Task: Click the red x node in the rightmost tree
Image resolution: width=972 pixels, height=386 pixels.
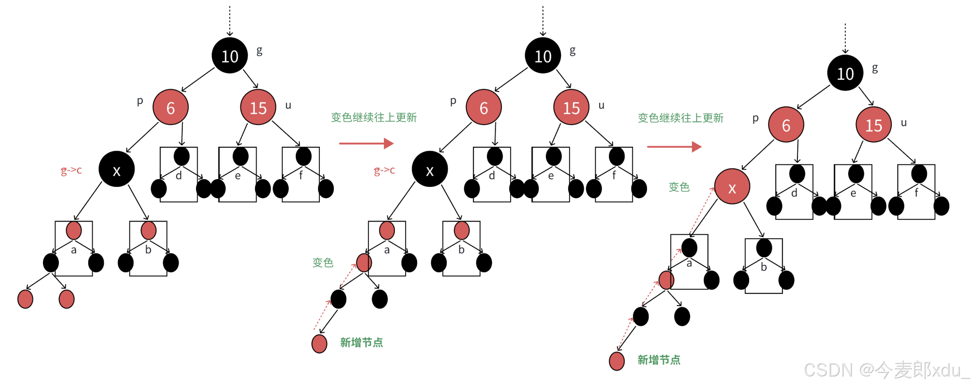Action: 732,187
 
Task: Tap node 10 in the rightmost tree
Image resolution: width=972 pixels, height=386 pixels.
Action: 845,73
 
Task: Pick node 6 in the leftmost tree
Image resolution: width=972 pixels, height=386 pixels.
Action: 170,107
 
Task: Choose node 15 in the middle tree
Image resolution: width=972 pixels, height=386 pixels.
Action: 571,107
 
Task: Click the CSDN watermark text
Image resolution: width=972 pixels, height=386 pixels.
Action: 886,370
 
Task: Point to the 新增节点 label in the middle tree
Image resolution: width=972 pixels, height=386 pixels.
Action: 362,342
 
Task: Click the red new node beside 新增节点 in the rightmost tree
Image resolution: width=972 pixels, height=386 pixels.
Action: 616,361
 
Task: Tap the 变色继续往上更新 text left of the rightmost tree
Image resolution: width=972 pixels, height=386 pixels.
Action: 681,118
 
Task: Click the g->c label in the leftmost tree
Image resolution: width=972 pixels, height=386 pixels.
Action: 71,170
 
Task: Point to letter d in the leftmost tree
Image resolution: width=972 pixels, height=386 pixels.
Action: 179,176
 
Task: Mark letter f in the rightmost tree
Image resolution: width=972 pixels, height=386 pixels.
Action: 916,193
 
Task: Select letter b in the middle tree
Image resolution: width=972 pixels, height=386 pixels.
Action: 461,250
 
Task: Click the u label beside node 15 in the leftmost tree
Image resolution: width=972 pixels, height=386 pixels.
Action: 288,105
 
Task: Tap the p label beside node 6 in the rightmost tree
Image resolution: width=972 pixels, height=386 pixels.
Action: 756,118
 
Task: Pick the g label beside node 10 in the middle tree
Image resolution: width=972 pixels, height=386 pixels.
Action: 573,51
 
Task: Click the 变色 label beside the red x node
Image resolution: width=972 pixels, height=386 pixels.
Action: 679,187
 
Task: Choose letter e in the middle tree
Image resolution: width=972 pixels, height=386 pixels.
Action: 551,176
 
